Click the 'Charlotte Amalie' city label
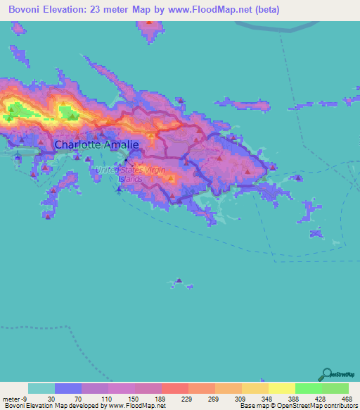(x=97, y=145)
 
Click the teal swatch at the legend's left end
(x=41, y=388)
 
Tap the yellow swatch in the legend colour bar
(x=282, y=388)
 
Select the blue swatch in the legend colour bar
(x=68, y=388)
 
